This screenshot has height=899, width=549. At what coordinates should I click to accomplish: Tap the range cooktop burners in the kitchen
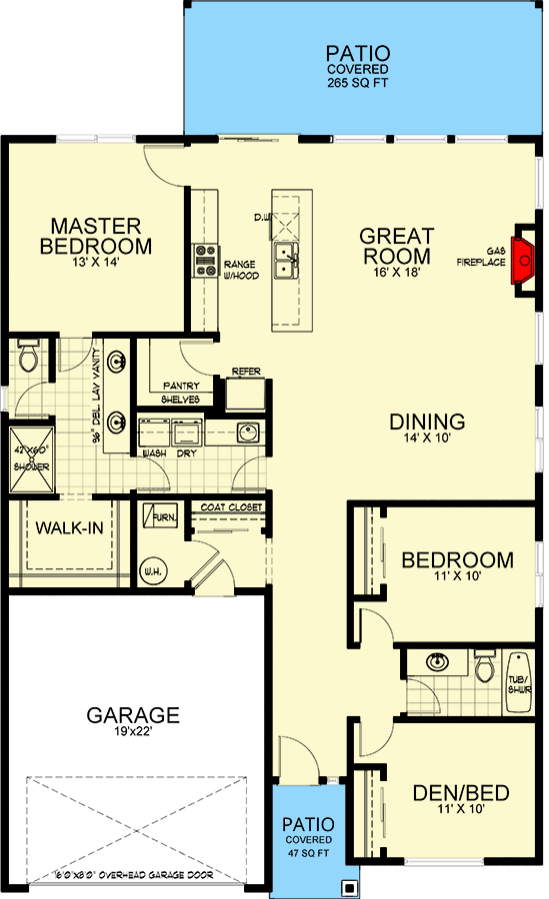206,260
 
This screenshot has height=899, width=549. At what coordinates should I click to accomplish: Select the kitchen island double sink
287,261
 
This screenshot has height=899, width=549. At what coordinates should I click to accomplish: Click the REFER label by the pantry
246,372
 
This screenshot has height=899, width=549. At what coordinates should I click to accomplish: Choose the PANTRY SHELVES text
181,393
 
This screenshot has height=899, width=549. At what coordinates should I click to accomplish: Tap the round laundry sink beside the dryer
247,433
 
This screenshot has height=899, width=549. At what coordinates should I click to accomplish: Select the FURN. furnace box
160,518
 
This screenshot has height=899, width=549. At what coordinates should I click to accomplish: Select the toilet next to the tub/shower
484,666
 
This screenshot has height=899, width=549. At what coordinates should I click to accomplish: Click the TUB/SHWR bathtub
519,683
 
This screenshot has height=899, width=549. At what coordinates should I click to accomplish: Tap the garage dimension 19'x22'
132,737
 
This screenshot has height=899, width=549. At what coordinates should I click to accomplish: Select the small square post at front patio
348,886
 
